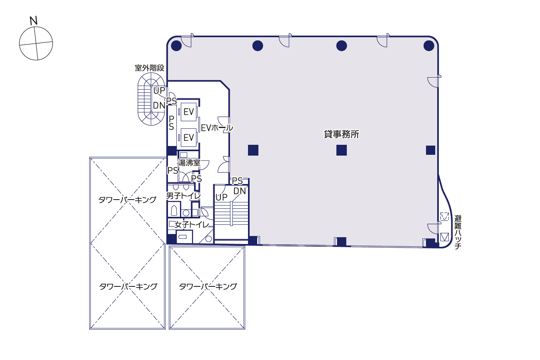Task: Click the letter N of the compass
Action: pyautogui.click(x=34, y=21)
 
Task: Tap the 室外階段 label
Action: pyautogui.click(x=150, y=68)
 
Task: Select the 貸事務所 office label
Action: pyautogui.click(x=341, y=134)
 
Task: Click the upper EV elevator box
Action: pyautogui.click(x=188, y=112)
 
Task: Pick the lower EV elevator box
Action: pyautogui.click(x=188, y=138)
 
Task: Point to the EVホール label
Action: pyautogui.click(x=217, y=128)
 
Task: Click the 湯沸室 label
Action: pyautogui.click(x=189, y=163)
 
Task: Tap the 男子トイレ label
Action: pyautogui.click(x=183, y=196)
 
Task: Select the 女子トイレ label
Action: pyautogui.click(x=192, y=225)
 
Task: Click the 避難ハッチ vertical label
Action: pyautogui.click(x=458, y=232)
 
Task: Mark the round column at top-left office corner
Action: pyautogui.click(x=176, y=46)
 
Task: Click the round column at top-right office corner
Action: pyautogui.click(x=429, y=46)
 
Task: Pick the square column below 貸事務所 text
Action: pyautogui.click(x=342, y=150)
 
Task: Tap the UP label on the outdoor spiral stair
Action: pyautogui.click(x=159, y=91)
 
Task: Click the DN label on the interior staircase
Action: pyautogui.click(x=239, y=191)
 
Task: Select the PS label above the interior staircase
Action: pyautogui.click(x=237, y=181)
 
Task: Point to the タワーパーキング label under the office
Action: pyautogui.click(x=208, y=286)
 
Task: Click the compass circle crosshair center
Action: pyautogui.click(x=36, y=44)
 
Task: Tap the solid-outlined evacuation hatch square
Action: pyautogui.click(x=444, y=237)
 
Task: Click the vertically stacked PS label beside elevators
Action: pyautogui.click(x=172, y=123)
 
